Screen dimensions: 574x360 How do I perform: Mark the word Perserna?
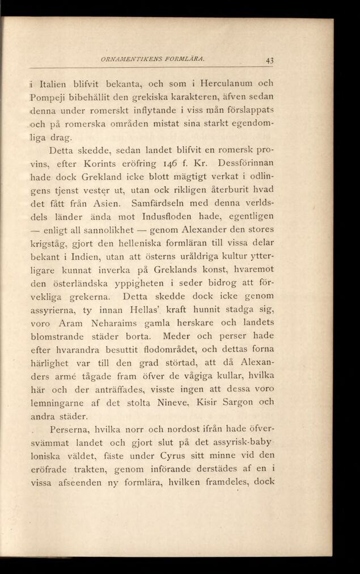click(x=69, y=429)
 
